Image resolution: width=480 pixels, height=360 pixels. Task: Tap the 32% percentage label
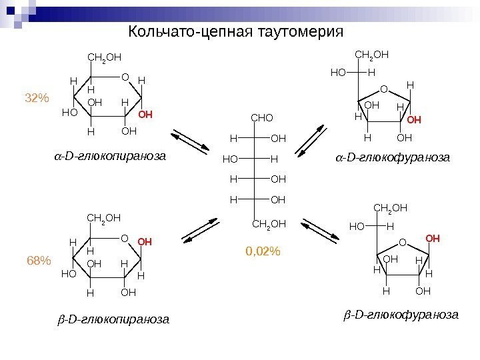click(37, 99)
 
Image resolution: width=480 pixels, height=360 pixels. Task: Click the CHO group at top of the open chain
click(261, 119)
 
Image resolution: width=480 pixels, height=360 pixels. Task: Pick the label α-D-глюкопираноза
click(109, 157)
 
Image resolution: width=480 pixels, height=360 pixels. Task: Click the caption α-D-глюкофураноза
click(392, 158)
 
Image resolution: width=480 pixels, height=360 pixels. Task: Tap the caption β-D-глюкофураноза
click(401, 313)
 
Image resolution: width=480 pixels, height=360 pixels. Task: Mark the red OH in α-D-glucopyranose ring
click(145, 115)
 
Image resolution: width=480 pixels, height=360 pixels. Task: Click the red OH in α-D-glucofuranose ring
click(415, 120)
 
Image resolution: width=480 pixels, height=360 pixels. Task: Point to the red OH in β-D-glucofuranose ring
click(433, 237)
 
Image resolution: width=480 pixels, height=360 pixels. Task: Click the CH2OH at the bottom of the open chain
click(269, 224)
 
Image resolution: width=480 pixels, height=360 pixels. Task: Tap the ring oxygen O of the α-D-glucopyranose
click(125, 77)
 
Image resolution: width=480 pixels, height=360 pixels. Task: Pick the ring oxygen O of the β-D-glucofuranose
click(402, 243)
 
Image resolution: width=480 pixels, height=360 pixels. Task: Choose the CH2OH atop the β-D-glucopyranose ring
click(104, 217)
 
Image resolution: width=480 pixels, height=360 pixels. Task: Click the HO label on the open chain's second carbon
click(230, 159)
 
